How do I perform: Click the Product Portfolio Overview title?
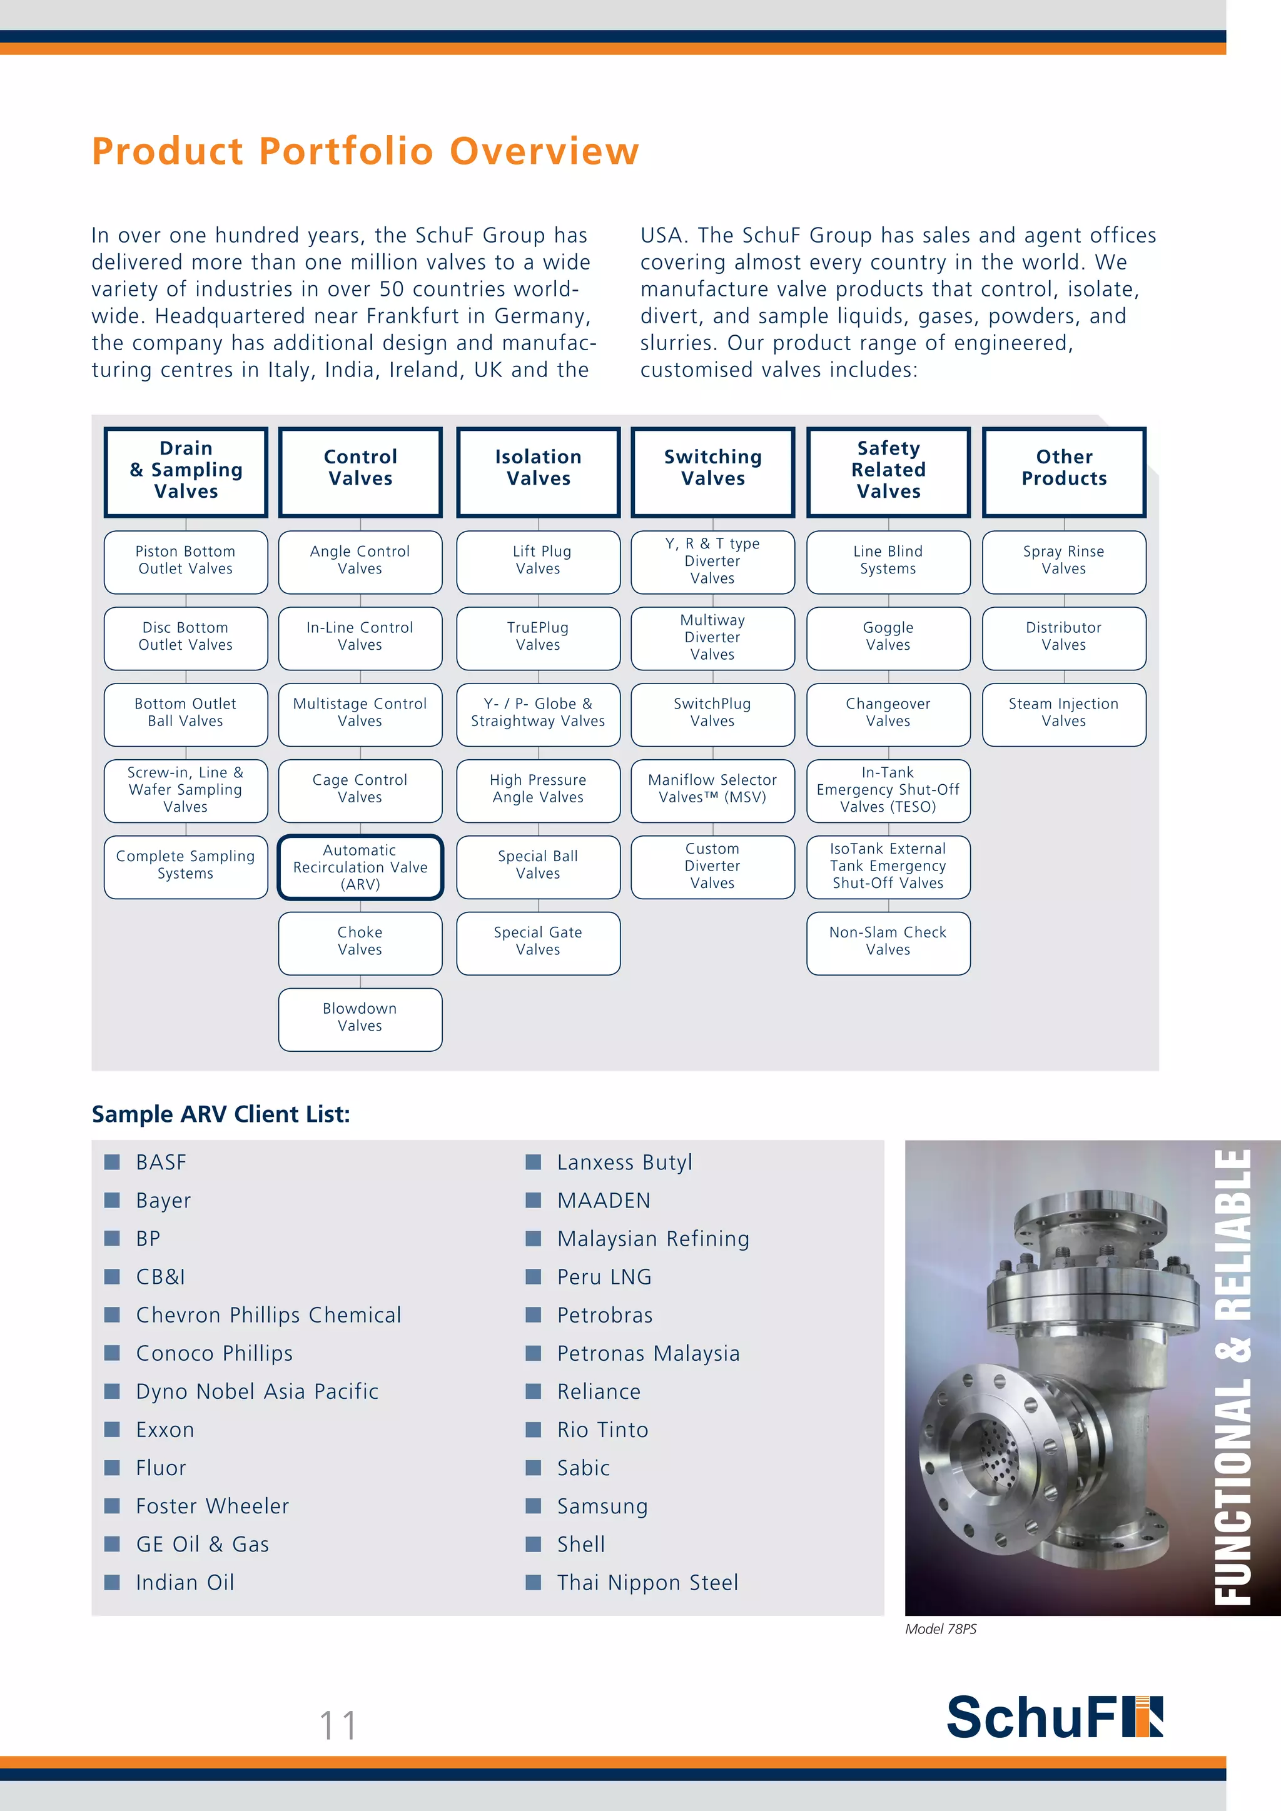pos(365,151)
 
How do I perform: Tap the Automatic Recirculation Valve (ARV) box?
pos(360,867)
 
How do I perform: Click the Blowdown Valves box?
pos(360,1017)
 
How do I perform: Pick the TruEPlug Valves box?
pos(538,637)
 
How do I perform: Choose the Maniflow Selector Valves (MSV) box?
pos(712,789)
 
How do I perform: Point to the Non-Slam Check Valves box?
pos(888,942)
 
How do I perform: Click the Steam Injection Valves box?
pos(1063,713)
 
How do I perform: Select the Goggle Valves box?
pos(888,637)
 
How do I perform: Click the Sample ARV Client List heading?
pos(221,1114)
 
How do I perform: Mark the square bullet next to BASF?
pos(112,1162)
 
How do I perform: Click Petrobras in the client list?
pos(604,1315)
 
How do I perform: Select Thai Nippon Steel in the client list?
pos(647,1582)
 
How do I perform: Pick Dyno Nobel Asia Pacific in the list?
pos(256,1391)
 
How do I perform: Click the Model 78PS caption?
pos(940,1629)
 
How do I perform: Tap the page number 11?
pos(338,1725)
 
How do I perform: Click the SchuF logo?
pos(1054,1717)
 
